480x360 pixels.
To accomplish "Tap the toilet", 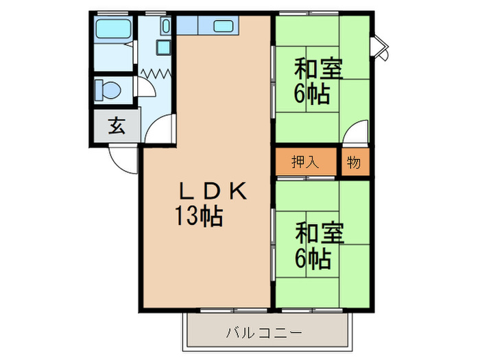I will [108, 88].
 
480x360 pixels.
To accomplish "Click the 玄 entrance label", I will [117, 126].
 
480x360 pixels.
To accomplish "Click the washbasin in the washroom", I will [166, 27].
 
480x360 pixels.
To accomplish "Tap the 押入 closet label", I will [306, 163].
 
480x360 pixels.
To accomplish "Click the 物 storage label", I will [354, 163].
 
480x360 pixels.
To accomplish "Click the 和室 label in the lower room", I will [318, 233].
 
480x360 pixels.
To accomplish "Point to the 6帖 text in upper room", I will [313, 93].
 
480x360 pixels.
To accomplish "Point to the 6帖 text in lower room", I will [313, 259].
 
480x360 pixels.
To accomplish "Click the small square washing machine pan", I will [164, 47].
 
